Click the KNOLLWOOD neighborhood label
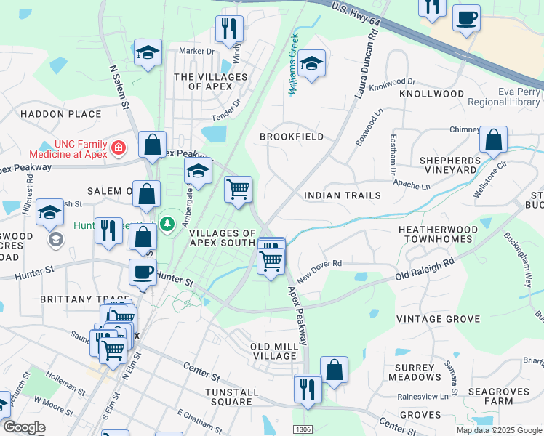(431, 94)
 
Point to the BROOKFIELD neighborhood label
(292, 137)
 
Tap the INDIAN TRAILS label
(342, 195)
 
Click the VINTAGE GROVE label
(438, 319)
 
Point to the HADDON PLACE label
(60, 114)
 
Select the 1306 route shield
(303, 429)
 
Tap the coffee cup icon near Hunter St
(143, 272)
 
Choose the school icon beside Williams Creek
(311, 64)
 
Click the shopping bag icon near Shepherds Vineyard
(493, 140)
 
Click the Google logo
(24, 427)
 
